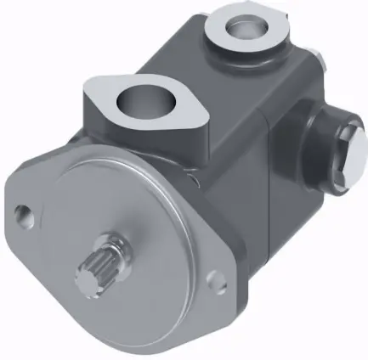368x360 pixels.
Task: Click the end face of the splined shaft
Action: (88, 280)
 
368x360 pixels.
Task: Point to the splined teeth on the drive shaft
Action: (103, 269)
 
